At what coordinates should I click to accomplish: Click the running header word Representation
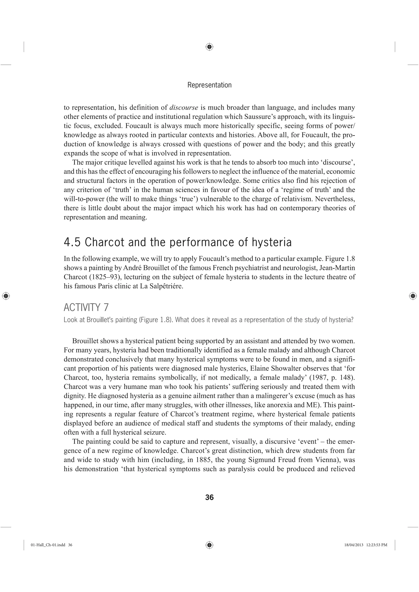pyautogui.click(x=209, y=85)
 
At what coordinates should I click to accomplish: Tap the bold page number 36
pyautogui.click(x=209, y=497)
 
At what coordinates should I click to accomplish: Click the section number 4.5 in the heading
pyautogui.click(x=72, y=242)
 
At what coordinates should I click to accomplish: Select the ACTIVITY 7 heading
pyautogui.click(x=86, y=308)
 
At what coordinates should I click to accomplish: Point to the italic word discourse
pyautogui.click(x=184, y=107)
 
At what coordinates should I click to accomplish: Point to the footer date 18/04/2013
pyautogui.click(x=354, y=545)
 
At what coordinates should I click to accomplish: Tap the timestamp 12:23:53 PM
pyautogui.click(x=377, y=545)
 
